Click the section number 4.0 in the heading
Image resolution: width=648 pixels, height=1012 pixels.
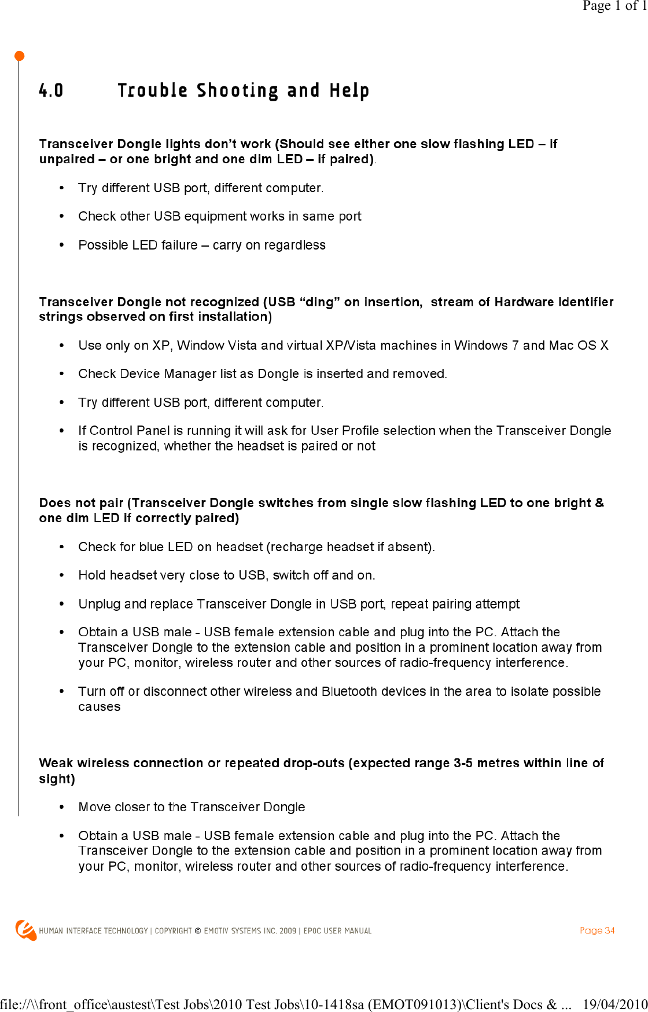[x=51, y=90]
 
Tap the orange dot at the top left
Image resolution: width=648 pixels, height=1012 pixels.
[x=19, y=56]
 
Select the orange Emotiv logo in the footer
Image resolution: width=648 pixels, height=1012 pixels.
[x=25, y=930]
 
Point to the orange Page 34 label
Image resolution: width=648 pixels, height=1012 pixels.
[x=597, y=930]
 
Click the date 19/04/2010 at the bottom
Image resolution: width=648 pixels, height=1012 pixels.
[x=614, y=1004]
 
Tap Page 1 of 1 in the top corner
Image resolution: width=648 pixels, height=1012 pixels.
[x=614, y=6]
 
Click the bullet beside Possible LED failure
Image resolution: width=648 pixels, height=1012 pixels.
[x=62, y=245]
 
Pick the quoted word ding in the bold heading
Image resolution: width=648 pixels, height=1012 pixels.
[x=320, y=302]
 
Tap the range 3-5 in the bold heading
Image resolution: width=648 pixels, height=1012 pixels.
[x=463, y=763]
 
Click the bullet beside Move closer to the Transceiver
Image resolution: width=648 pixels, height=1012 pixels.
[x=62, y=807]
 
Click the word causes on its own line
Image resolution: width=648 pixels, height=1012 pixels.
[x=100, y=707]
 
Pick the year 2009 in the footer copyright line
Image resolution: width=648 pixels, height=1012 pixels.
[x=288, y=931]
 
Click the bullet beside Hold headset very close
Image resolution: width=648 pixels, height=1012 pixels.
[x=62, y=575]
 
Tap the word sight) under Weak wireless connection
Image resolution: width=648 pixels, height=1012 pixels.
[x=57, y=779]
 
